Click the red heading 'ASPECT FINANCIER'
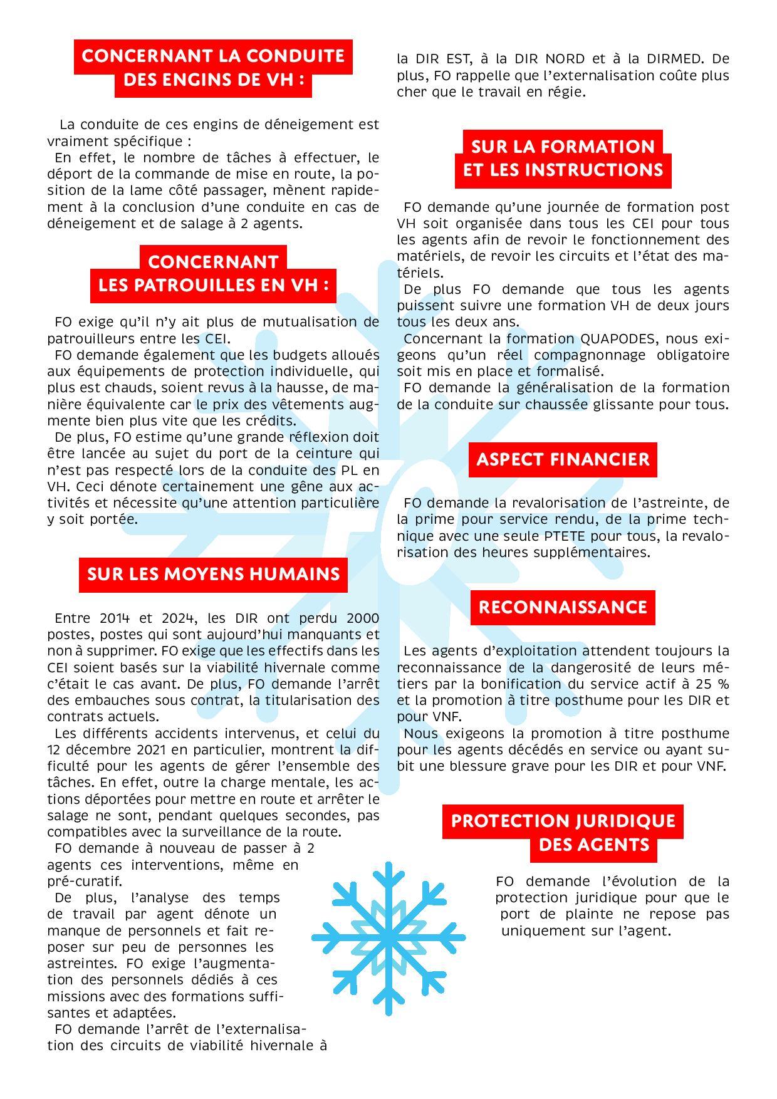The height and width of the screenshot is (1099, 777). pos(563,459)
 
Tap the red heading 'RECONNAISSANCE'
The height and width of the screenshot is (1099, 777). pos(563,607)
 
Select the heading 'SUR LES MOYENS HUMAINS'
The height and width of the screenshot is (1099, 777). pos(213,575)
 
